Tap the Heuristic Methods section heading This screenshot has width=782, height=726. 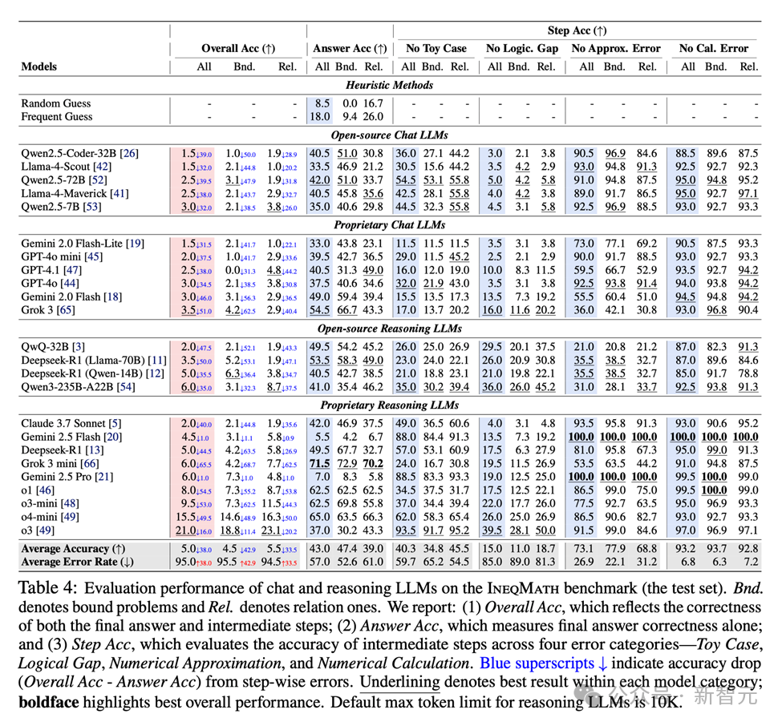[390, 85]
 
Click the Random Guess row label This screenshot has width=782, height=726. [56, 103]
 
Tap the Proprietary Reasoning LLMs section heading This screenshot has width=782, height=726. [390, 405]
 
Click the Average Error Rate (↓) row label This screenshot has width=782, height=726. [78, 562]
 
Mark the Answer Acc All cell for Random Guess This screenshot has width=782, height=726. [322, 103]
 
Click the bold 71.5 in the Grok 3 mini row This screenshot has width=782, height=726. [321, 463]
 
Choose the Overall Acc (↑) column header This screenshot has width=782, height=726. [237, 49]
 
